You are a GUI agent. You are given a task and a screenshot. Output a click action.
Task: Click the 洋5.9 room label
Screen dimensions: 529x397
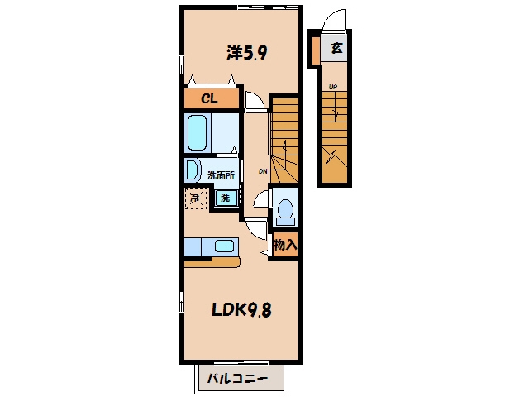[x=247, y=53]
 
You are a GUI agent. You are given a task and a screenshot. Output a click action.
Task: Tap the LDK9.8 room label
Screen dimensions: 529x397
[x=241, y=309]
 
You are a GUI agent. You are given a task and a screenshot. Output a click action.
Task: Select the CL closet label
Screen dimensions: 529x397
[x=209, y=99]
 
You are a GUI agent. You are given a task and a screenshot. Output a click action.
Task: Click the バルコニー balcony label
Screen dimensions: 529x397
[x=237, y=378]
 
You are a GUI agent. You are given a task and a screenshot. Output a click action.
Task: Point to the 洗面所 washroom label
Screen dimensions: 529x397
[x=221, y=175]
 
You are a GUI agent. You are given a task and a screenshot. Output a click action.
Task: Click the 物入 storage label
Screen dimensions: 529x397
[x=285, y=245]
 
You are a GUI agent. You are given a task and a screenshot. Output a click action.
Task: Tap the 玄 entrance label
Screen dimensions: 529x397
[x=336, y=48]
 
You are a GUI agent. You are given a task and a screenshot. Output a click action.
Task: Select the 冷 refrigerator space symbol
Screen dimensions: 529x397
[x=196, y=198]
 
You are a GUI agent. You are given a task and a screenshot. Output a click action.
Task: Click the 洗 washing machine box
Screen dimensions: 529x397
[x=226, y=198]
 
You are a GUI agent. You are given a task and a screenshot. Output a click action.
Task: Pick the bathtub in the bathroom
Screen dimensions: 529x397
[x=197, y=133]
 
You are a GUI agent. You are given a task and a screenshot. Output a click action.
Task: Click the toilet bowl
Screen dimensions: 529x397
[x=285, y=208]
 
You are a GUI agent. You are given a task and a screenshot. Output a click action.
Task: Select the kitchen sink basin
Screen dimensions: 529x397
[x=224, y=246]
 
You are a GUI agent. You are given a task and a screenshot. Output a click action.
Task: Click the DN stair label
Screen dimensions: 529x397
[x=263, y=171]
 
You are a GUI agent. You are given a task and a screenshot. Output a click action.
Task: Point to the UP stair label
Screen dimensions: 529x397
[x=333, y=87]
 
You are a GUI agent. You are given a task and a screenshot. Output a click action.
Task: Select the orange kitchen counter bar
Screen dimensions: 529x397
[x=212, y=263]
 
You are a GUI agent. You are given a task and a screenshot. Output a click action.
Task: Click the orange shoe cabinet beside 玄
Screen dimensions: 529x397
[x=316, y=50]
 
